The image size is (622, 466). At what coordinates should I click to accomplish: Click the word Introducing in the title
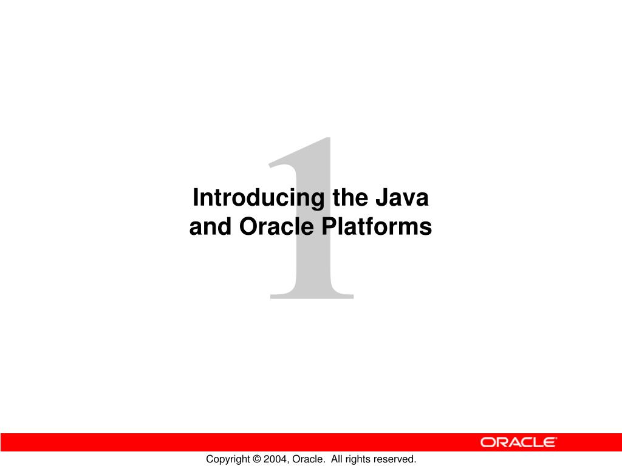click(x=258, y=198)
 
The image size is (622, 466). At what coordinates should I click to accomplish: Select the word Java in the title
click(x=402, y=197)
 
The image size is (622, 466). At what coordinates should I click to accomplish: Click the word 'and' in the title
click(x=210, y=227)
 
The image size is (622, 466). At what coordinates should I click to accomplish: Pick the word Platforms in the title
click(x=377, y=227)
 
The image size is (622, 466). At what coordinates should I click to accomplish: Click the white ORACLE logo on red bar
click(x=519, y=442)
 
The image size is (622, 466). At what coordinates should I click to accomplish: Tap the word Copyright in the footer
click(x=228, y=459)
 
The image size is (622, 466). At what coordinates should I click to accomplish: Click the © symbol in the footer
click(x=257, y=459)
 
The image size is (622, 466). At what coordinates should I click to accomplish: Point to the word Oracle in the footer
click(x=308, y=459)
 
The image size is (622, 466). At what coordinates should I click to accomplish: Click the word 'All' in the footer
click(x=337, y=459)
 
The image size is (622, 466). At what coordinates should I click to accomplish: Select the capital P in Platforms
click(x=329, y=227)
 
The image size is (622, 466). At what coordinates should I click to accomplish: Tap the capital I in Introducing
click(x=195, y=197)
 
